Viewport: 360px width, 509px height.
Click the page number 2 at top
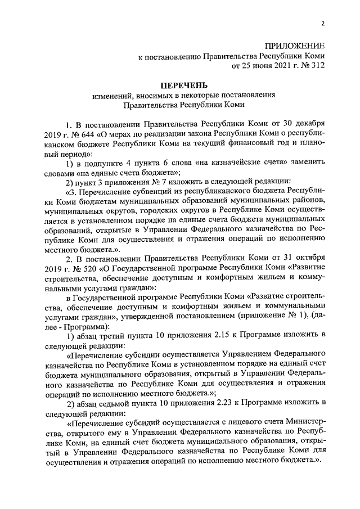click(x=323, y=24)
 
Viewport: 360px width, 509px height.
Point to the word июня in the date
click(x=256, y=65)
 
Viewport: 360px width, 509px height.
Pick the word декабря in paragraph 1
click(x=308, y=123)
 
